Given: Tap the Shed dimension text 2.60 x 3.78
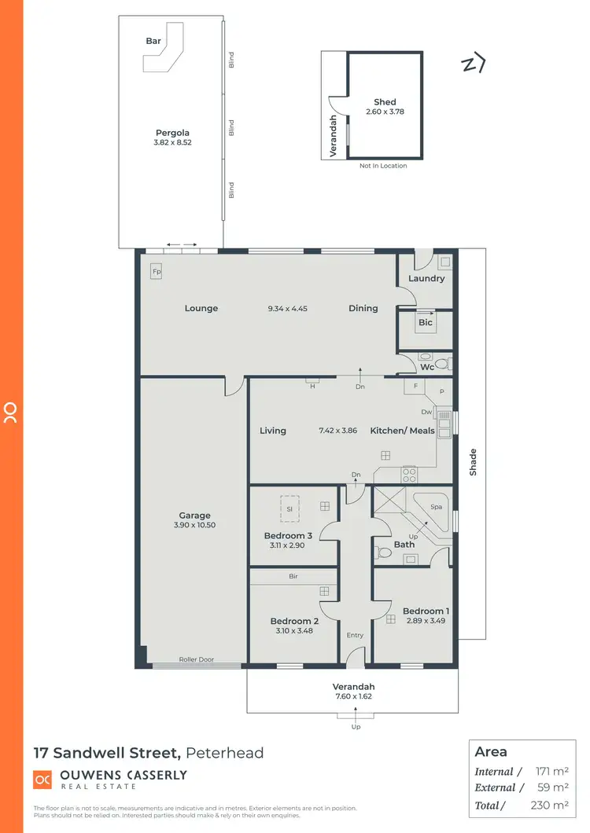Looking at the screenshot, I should point(385,112).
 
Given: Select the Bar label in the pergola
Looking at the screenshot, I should point(153,41).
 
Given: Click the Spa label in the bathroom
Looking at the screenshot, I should point(436,507).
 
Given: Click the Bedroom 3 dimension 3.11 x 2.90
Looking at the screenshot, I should point(288,545).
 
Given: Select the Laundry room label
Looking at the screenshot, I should point(426,278).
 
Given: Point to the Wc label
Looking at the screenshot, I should point(427,367).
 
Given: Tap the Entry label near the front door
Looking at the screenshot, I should point(356,635).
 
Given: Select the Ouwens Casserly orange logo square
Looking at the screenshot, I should point(42,779).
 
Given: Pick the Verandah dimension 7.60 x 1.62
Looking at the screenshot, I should point(353,695).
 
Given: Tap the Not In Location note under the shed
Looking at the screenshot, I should point(383,166).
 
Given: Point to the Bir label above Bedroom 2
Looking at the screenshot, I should point(293,576).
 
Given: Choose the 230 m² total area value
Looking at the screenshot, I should point(550,805).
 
